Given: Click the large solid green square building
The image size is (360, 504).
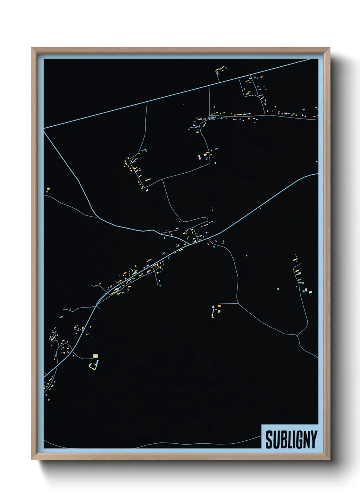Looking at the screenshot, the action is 95,356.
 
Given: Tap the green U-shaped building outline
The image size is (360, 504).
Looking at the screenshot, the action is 92,366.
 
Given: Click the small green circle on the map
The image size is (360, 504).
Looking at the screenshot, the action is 278,289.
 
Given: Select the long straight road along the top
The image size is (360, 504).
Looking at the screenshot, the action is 177,93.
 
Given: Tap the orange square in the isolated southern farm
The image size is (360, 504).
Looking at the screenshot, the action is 219,306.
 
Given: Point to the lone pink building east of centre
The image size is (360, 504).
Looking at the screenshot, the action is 246,255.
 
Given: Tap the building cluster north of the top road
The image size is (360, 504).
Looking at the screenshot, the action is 220,70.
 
